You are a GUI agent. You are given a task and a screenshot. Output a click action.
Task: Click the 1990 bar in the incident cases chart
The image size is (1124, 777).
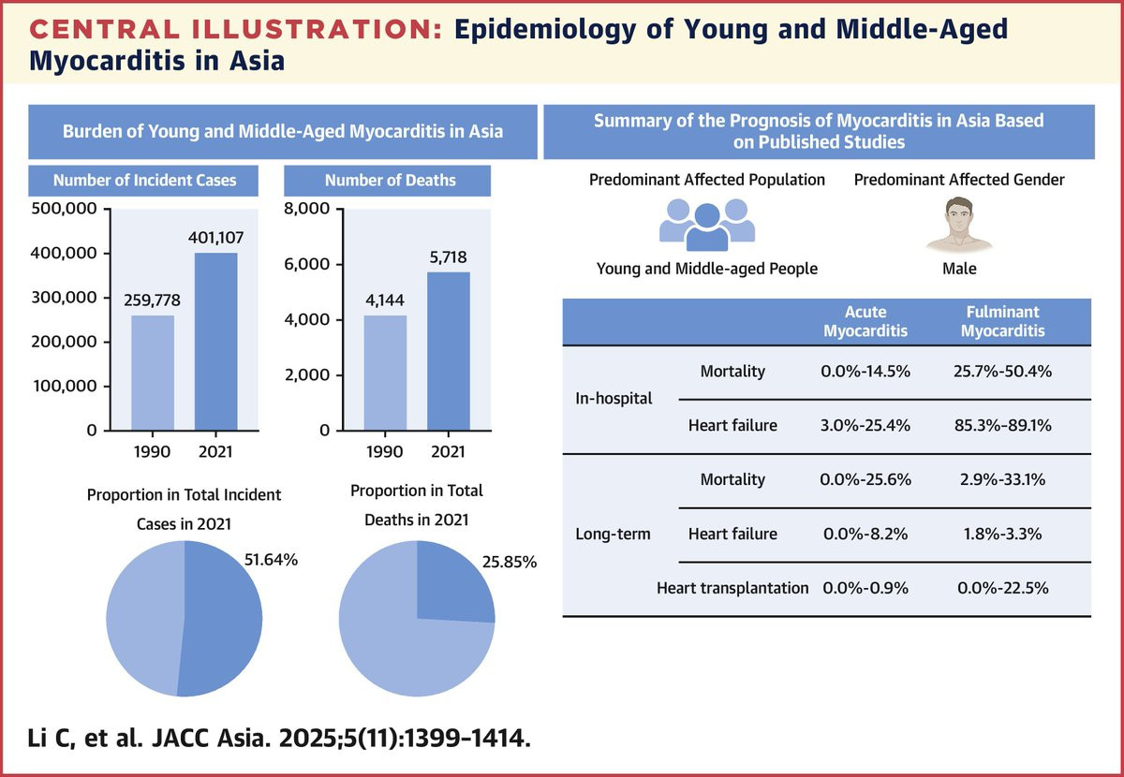point(153,373)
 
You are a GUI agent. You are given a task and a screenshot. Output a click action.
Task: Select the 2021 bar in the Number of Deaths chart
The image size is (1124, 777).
point(449,351)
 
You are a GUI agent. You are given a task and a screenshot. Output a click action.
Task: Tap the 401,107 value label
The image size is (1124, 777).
point(215,237)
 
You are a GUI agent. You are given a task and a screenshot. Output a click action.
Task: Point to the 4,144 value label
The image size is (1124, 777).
point(385,300)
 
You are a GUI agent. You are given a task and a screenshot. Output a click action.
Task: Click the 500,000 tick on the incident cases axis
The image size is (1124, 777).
point(65,209)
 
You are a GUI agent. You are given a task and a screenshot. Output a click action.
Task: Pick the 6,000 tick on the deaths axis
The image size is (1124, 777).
point(306,264)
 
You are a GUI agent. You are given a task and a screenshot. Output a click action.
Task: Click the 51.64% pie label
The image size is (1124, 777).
point(271,559)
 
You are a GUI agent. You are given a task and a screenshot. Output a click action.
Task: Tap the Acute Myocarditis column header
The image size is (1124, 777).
point(865,321)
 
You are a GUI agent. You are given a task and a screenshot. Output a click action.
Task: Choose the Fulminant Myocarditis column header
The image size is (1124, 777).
point(1002,321)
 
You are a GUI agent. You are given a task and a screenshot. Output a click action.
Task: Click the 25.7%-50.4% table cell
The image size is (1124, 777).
point(1002,372)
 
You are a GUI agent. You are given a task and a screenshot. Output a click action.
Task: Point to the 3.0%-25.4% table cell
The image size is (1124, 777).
point(865,425)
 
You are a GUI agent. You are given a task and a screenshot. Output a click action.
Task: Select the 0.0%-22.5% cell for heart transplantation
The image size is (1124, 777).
point(1002,588)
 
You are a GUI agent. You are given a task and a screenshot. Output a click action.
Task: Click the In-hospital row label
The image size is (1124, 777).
point(614,399)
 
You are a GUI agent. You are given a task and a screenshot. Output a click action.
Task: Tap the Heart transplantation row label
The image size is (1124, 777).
point(732,588)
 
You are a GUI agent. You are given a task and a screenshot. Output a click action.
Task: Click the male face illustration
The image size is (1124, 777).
point(959,224)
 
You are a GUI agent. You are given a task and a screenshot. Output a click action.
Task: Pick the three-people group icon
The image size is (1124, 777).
point(707,225)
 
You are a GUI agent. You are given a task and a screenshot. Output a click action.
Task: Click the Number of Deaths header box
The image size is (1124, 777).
point(388,181)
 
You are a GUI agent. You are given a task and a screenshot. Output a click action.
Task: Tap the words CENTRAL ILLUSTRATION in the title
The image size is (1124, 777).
point(236,29)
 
